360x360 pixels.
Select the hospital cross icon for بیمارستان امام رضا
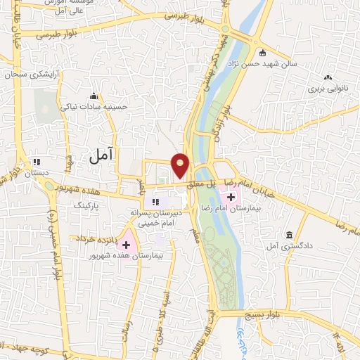coord(232,198)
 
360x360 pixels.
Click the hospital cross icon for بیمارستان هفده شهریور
coord(127,245)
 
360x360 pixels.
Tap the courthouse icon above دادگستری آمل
coord(289,235)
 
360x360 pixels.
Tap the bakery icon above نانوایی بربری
coord(328,78)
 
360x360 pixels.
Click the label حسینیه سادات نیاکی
coord(95,108)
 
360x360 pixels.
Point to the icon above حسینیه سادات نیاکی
coord(94,96)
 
